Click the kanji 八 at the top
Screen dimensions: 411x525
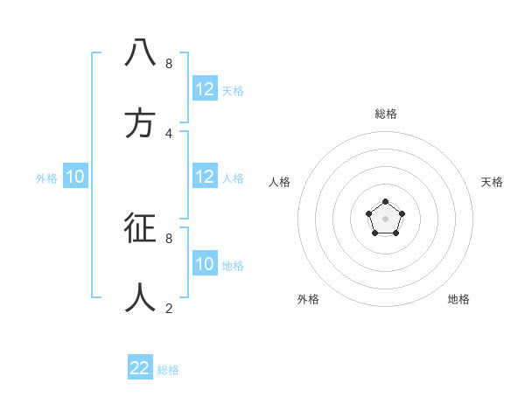[141, 53]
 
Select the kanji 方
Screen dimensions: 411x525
[141, 123]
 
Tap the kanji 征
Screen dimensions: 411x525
[141, 228]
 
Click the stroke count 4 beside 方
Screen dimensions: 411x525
[169, 133]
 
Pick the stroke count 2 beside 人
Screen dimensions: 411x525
[169, 308]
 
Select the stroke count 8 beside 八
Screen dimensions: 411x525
[169, 63]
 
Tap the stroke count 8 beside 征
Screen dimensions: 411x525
[169, 238]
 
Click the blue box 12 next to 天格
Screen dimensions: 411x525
[205, 89]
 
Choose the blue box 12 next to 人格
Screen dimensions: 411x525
[205, 177]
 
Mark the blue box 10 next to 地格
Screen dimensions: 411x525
[205, 264]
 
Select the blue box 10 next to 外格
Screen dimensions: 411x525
[75, 177]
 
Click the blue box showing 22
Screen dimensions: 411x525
[140, 368]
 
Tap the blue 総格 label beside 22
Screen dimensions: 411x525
[168, 370]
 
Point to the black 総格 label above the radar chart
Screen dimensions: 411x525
[386, 114]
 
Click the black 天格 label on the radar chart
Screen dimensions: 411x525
[493, 182]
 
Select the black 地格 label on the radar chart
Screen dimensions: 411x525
[458, 299]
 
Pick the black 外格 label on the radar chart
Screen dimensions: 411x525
[308, 299]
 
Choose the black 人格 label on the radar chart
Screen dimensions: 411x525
[280, 182]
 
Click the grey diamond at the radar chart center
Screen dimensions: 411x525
[385, 219]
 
